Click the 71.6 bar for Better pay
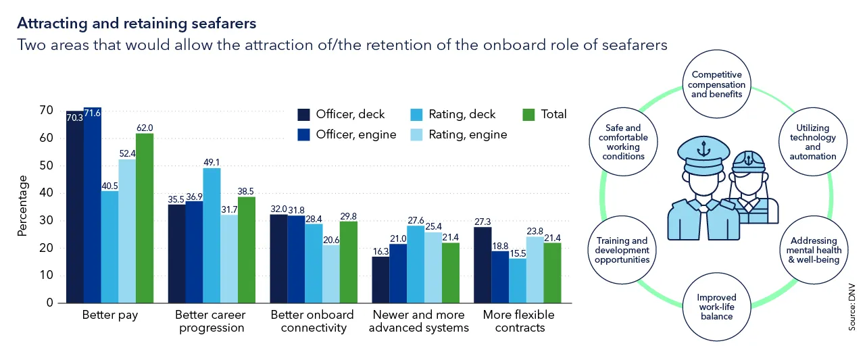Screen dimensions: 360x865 click(x=93, y=206)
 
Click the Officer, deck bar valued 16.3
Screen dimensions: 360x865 click(x=380, y=280)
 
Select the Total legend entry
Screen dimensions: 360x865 click(x=545, y=114)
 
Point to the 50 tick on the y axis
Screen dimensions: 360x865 click(x=47, y=165)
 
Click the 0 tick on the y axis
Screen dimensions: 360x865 click(x=49, y=303)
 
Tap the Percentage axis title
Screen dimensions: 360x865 click(x=22, y=205)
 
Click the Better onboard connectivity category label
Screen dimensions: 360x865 click(x=312, y=322)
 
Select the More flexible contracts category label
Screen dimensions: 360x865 click(x=518, y=322)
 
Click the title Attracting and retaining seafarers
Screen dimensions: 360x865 click(x=137, y=24)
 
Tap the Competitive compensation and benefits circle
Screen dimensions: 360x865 click(x=716, y=85)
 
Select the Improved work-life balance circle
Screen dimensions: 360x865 click(x=716, y=307)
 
